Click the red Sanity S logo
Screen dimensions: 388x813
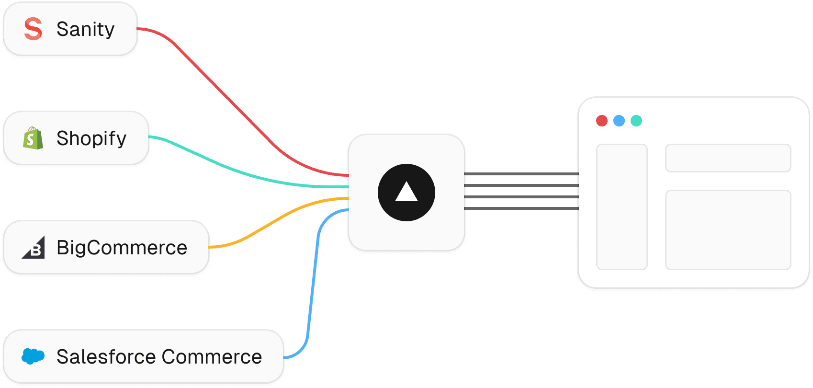point(33,29)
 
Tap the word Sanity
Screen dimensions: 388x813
point(86,29)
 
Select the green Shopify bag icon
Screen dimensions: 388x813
point(33,138)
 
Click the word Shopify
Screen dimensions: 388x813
point(91,138)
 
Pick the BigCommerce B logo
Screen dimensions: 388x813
point(34,248)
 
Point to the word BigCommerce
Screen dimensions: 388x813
point(122,248)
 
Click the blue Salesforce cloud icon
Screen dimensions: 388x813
point(33,356)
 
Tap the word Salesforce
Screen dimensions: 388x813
point(106,357)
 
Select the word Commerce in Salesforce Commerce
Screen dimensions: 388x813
point(212,357)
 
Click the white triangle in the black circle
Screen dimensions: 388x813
point(406,192)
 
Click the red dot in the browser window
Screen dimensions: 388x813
point(602,121)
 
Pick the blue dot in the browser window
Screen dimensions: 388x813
point(619,121)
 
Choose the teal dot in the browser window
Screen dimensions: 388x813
point(636,121)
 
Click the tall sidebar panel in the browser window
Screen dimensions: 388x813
point(622,207)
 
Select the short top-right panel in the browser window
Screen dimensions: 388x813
point(728,158)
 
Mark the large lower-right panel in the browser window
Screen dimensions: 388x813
point(728,230)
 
